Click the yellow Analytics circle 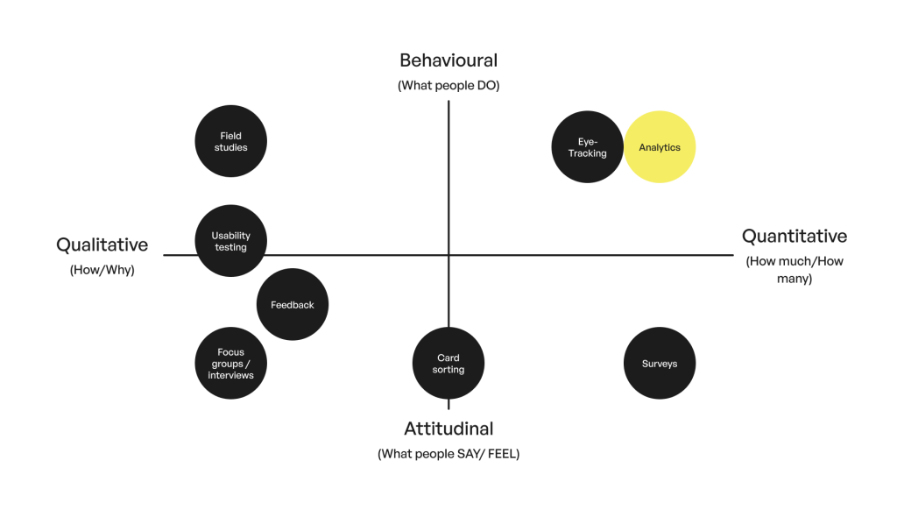(660, 147)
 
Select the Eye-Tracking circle (588, 147)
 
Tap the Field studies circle (231, 141)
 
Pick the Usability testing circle (231, 241)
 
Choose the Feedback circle (293, 305)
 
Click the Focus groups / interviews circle (231, 364)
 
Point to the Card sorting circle (448, 364)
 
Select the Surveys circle (660, 364)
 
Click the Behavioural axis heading (448, 60)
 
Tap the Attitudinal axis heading (448, 429)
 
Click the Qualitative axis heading (102, 245)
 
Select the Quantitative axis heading (795, 237)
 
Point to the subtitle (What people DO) (448, 85)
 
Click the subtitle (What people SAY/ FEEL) (448, 454)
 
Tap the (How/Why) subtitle (102, 270)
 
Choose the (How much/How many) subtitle (795, 270)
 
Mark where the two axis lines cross (448, 255)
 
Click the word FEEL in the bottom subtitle (502, 454)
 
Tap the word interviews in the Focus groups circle (231, 375)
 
